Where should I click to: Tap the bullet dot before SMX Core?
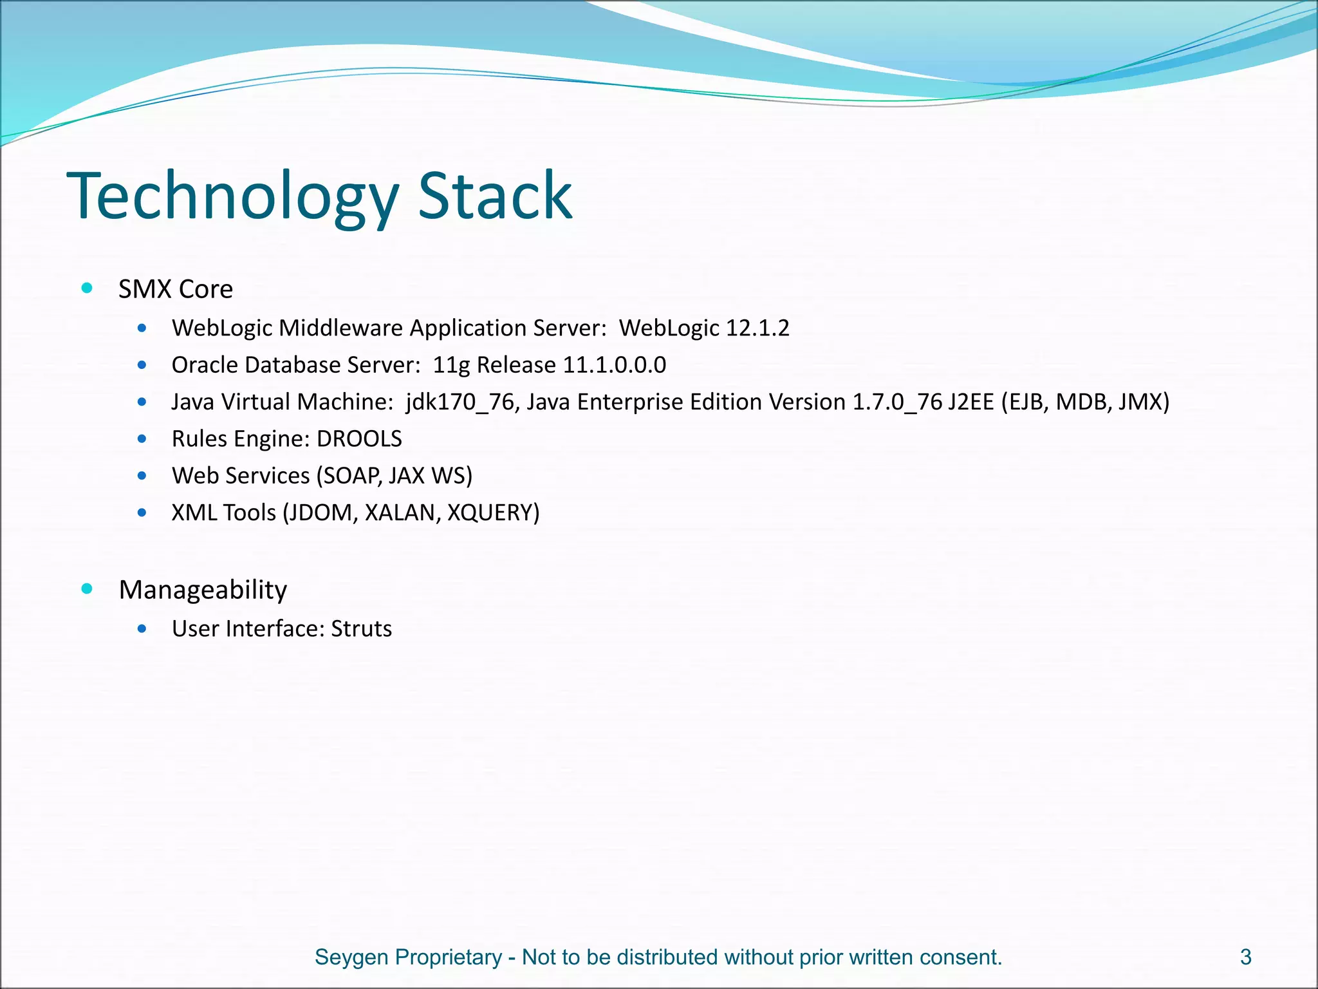click(x=88, y=288)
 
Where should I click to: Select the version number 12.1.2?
click(x=757, y=328)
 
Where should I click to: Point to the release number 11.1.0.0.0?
click(x=615, y=365)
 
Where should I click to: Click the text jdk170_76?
click(x=459, y=402)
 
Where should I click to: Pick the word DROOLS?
click(x=359, y=439)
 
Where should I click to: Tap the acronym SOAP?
click(x=352, y=476)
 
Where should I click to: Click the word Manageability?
click(x=203, y=590)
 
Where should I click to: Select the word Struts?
click(x=361, y=628)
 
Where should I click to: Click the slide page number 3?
click(x=1245, y=957)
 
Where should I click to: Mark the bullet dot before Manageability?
click(x=88, y=589)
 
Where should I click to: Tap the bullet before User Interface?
click(x=142, y=628)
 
